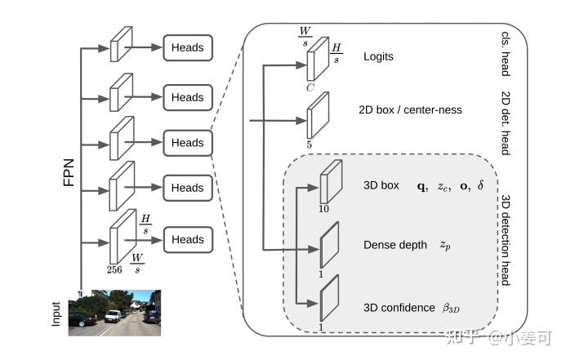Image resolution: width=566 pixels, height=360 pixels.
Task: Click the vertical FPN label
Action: click(69, 172)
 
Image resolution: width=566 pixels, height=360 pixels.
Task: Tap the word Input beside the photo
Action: click(56, 314)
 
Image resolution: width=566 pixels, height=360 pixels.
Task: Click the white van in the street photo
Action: click(113, 317)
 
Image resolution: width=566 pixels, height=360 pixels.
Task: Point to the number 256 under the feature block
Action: click(114, 269)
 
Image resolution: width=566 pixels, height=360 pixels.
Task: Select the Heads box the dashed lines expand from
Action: click(188, 143)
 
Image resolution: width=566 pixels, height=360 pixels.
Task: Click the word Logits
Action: click(378, 56)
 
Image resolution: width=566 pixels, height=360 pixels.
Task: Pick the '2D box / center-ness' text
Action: click(410, 109)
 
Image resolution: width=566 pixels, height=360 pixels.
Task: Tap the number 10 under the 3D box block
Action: click(323, 209)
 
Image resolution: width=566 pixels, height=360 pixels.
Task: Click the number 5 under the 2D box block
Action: click(309, 144)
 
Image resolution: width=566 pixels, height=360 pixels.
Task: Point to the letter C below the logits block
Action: click(310, 87)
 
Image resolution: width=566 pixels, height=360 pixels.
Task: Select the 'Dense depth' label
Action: click(395, 245)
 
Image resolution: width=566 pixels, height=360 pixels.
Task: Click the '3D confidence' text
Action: click(399, 308)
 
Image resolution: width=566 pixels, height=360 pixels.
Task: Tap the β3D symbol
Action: click(451, 308)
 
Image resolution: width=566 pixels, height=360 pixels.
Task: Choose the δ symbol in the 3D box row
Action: click(480, 185)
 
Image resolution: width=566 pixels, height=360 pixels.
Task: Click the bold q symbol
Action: click(421, 186)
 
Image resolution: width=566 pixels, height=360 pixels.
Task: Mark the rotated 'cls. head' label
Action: click(506, 54)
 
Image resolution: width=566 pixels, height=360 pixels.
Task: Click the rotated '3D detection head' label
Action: click(506, 241)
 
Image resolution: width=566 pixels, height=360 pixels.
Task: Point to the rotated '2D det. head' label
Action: click(506, 123)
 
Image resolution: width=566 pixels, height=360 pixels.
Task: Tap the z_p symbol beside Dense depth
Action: click(445, 245)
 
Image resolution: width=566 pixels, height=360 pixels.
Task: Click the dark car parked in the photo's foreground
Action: click(82, 320)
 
